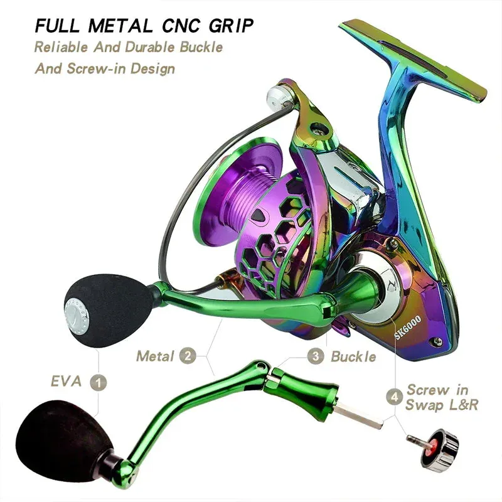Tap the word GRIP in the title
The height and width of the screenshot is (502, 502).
point(231,26)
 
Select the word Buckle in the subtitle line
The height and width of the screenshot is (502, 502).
point(201,48)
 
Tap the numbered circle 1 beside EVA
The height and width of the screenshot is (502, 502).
point(99,382)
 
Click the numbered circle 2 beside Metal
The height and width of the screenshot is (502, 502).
point(188,356)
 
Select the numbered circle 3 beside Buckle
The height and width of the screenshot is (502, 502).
point(316,356)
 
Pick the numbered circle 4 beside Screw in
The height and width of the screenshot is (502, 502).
point(395,397)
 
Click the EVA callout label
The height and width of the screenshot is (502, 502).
point(67,382)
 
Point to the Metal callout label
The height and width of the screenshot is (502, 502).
point(155,356)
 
